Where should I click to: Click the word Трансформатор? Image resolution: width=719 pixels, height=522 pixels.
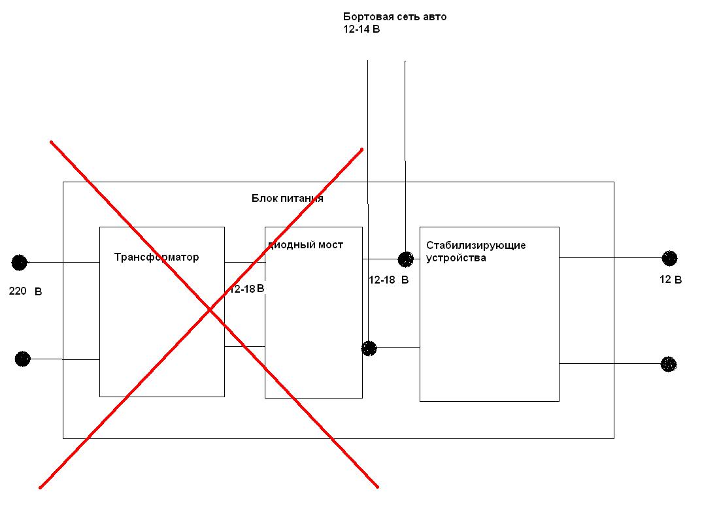click(156, 257)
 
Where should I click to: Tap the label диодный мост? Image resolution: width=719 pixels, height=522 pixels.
click(305, 245)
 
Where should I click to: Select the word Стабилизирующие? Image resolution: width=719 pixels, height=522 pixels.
click(476, 246)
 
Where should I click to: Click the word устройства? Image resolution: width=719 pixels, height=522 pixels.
click(456, 258)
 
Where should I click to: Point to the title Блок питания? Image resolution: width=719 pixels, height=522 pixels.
click(288, 199)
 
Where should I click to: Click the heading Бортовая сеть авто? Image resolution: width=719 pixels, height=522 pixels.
click(395, 17)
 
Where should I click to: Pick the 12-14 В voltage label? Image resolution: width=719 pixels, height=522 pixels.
click(361, 29)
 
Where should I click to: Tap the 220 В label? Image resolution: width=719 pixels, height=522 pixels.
click(25, 291)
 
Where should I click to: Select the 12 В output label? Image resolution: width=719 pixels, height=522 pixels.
click(671, 280)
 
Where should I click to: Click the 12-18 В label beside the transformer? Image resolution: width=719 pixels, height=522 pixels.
click(247, 289)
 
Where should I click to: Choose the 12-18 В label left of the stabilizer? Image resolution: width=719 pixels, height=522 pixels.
click(389, 280)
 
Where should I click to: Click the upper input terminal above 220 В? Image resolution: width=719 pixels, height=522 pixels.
click(20, 263)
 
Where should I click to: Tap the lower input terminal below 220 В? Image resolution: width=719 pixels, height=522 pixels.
click(22, 359)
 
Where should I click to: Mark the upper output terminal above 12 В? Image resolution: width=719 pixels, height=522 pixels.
click(669, 258)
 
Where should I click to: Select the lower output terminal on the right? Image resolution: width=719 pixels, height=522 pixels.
click(669, 364)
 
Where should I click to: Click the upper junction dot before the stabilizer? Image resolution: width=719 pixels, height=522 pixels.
click(406, 259)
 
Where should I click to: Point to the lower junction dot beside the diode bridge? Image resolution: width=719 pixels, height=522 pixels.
click(369, 348)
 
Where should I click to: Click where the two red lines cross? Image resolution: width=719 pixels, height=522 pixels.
click(210, 309)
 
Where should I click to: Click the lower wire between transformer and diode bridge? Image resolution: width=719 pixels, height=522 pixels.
click(244, 346)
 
